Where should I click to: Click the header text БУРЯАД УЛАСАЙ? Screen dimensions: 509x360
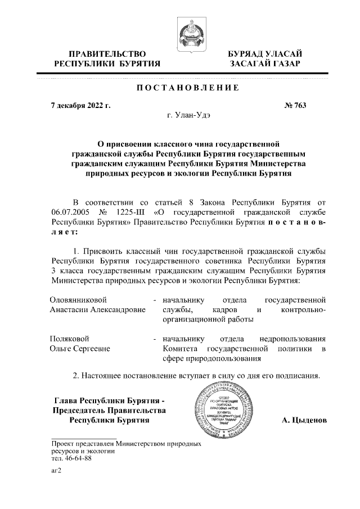coord(264,53)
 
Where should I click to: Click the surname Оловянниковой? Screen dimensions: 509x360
coord(79,299)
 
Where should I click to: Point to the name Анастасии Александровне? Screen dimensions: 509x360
coord(97,309)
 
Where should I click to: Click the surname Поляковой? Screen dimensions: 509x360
coord(70,339)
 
